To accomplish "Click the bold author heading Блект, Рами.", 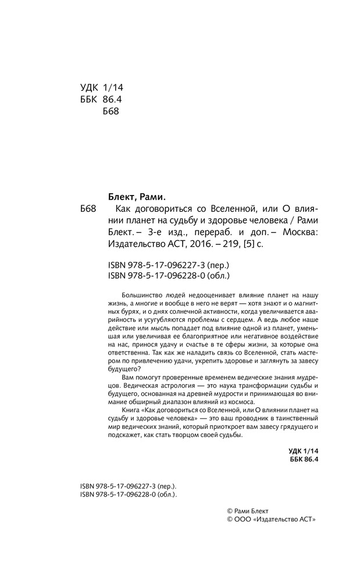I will pyautogui.click(x=138, y=196).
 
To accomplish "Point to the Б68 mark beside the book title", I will pyautogui.click(x=88, y=208).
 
